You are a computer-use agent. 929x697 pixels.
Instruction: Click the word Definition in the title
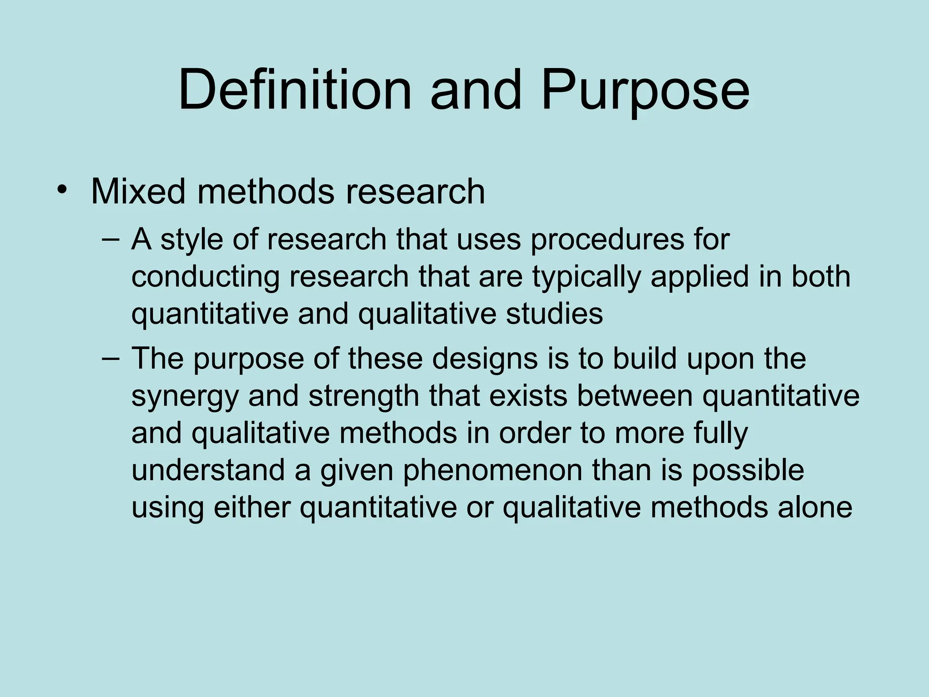coord(294,89)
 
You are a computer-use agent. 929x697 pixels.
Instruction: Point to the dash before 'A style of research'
coord(111,239)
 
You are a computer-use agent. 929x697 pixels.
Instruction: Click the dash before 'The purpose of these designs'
coord(111,358)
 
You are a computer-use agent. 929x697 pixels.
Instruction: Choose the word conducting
coord(205,277)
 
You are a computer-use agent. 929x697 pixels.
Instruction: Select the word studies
coord(554,314)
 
